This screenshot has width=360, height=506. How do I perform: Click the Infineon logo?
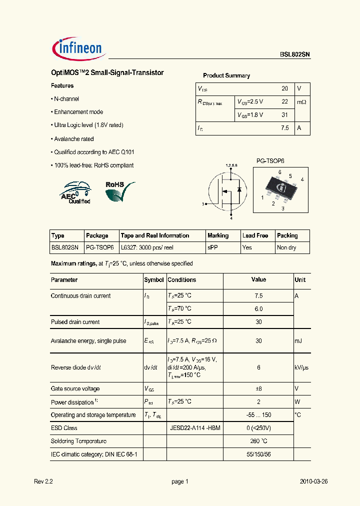(x=77, y=48)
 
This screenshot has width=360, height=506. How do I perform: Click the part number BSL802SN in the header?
(x=295, y=55)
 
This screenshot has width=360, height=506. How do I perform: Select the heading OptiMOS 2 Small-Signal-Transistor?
(x=107, y=73)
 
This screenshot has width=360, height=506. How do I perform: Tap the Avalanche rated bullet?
(x=73, y=139)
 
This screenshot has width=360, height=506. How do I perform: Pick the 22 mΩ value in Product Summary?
(x=285, y=101)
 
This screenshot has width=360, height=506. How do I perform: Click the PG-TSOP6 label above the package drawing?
(x=270, y=161)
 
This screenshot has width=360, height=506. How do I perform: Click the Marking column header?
(x=218, y=235)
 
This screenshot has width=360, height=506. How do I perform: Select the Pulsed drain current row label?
(x=75, y=322)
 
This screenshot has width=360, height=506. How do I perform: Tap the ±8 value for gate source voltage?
(x=258, y=388)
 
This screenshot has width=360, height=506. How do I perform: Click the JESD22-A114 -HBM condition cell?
(x=195, y=428)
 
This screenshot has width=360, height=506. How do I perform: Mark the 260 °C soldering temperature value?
(x=258, y=441)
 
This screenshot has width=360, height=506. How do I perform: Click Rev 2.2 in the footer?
(x=43, y=481)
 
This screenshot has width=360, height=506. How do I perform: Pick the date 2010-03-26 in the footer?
(x=313, y=481)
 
